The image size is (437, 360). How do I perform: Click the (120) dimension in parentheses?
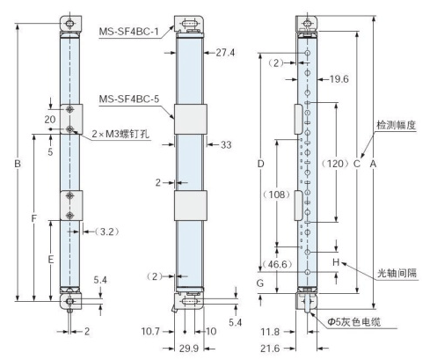[x=334, y=164]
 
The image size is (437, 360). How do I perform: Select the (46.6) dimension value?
[x=280, y=264]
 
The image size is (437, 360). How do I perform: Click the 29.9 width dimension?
[x=189, y=349]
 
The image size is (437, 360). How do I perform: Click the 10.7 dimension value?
[x=151, y=331]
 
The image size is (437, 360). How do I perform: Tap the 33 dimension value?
[x=226, y=144]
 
